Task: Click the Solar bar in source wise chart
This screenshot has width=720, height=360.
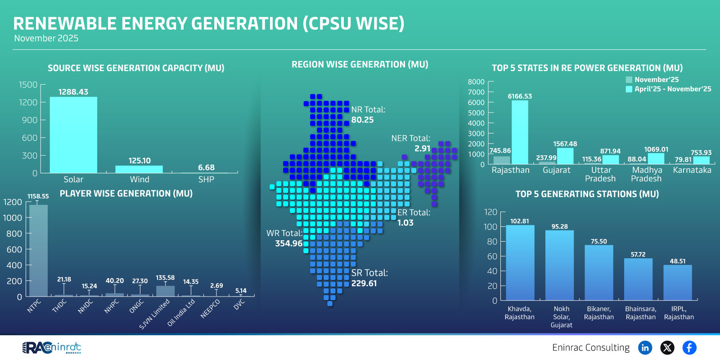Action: [x=73, y=135]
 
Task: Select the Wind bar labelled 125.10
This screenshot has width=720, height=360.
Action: [x=139, y=169]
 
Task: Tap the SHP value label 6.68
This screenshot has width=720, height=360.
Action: [x=206, y=167]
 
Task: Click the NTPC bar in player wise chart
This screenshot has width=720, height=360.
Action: [x=38, y=250]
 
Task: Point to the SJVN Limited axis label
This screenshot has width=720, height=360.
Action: [x=155, y=314]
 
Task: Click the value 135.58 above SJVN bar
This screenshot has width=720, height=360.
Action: [x=165, y=278]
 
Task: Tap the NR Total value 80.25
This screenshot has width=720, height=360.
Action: [x=362, y=120]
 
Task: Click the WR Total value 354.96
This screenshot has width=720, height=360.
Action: [x=288, y=243]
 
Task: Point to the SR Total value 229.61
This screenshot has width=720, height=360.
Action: [x=364, y=283]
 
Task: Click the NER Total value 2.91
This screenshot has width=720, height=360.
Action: [x=422, y=148]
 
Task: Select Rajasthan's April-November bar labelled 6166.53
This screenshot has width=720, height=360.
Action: [x=520, y=132]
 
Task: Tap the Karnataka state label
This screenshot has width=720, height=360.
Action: [x=692, y=170]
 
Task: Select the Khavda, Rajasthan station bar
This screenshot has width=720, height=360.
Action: [x=520, y=263]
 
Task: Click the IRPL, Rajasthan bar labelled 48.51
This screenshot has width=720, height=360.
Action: [x=677, y=283]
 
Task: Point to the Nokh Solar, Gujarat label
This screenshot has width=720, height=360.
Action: [x=561, y=317]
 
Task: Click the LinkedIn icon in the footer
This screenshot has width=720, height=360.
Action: [x=645, y=347]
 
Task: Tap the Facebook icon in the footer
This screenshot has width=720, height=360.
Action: [x=689, y=347]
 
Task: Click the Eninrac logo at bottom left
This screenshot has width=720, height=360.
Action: [x=51, y=347]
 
